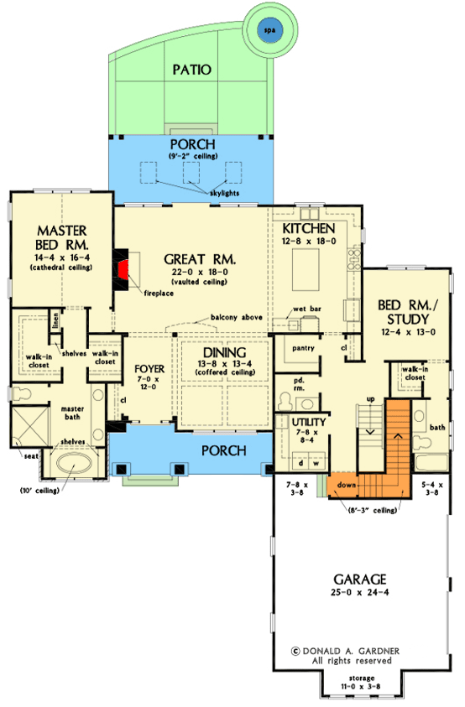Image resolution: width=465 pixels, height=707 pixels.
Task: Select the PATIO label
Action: click(191, 69)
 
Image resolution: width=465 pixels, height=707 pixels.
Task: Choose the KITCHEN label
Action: click(309, 229)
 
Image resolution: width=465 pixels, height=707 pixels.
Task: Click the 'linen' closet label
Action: click(55, 320)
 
